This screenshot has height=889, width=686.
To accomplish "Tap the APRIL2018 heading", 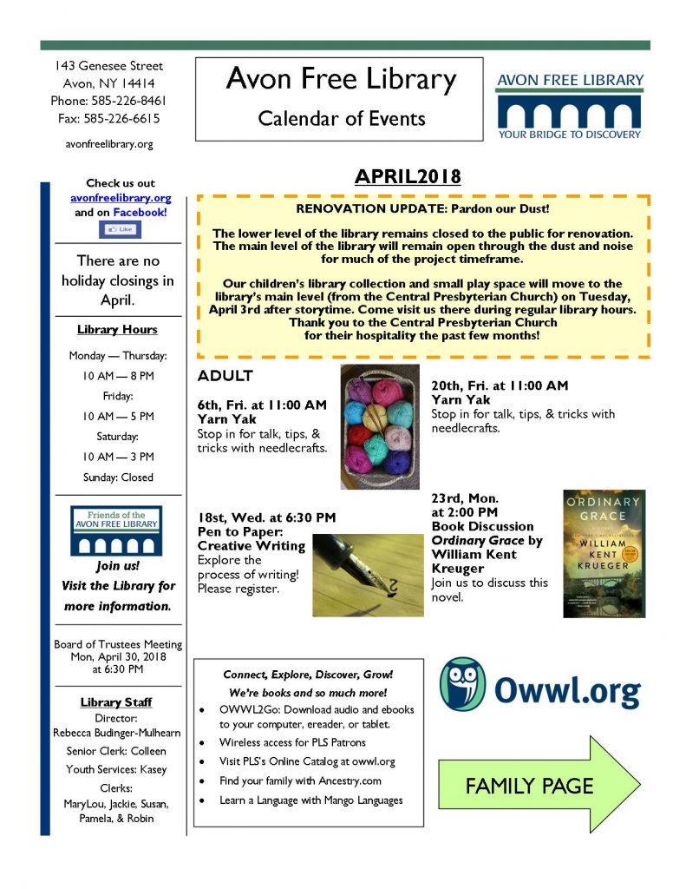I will click(407, 177).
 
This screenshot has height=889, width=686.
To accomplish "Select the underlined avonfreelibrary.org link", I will click(121, 198).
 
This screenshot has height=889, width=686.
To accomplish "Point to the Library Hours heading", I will click(117, 330).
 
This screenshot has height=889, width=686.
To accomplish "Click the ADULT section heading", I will click(225, 376).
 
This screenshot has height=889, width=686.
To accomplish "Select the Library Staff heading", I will click(117, 702).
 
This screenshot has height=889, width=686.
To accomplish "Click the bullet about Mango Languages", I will click(310, 800).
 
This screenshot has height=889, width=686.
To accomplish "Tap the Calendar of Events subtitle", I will click(341, 118).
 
